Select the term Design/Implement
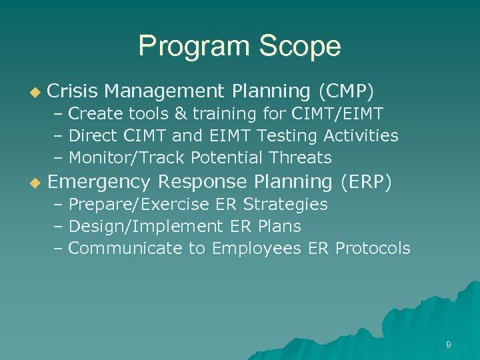click(143, 227)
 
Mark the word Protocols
click(373, 249)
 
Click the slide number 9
click(449, 345)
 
